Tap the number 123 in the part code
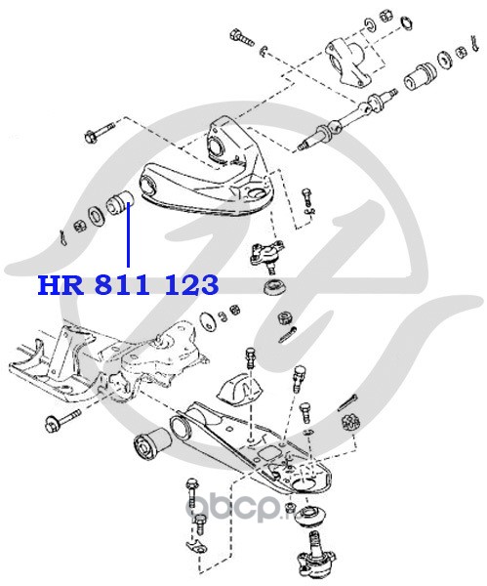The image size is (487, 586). click(x=190, y=285)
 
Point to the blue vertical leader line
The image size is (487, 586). click(x=128, y=234)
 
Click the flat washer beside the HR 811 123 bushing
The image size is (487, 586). click(x=96, y=218)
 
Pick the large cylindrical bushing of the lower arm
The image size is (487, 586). click(x=151, y=445)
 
